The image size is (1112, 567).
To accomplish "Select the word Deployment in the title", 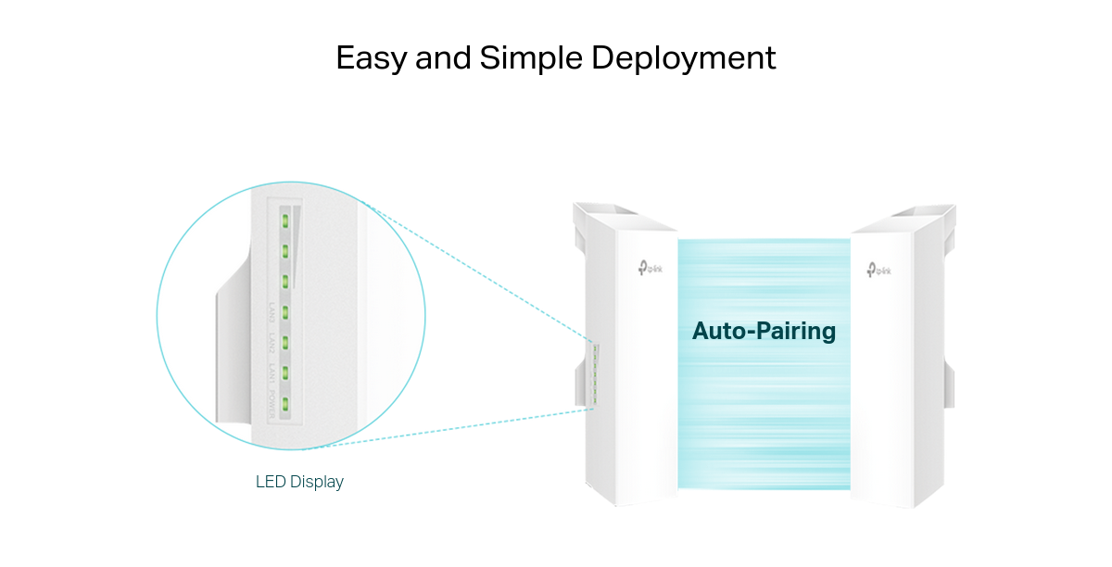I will pyautogui.click(x=684, y=58).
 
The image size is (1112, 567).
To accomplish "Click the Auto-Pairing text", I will pyautogui.click(x=764, y=331).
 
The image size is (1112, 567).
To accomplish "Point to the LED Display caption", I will pyautogui.click(x=299, y=482).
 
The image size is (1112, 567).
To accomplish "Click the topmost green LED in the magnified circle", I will pyautogui.click(x=286, y=220).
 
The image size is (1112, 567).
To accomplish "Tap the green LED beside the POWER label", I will pyautogui.click(x=286, y=404).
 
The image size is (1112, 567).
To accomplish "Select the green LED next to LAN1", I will pyautogui.click(x=286, y=372).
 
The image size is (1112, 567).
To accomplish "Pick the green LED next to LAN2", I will pyautogui.click(x=286, y=342).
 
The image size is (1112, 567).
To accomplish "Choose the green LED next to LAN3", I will pyautogui.click(x=286, y=311).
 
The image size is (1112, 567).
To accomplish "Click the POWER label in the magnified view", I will pyautogui.click(x=272, y=404).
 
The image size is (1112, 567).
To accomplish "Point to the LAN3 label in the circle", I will pyautogui.click(x=272, y=312).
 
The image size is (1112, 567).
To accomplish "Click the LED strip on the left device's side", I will pyautogui.click(x=595, y=374).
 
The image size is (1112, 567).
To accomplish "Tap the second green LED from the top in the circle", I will pyautogui.click(x=286, y=250).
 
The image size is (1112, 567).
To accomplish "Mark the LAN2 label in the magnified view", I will pyautogui.click(x=272, y=343).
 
